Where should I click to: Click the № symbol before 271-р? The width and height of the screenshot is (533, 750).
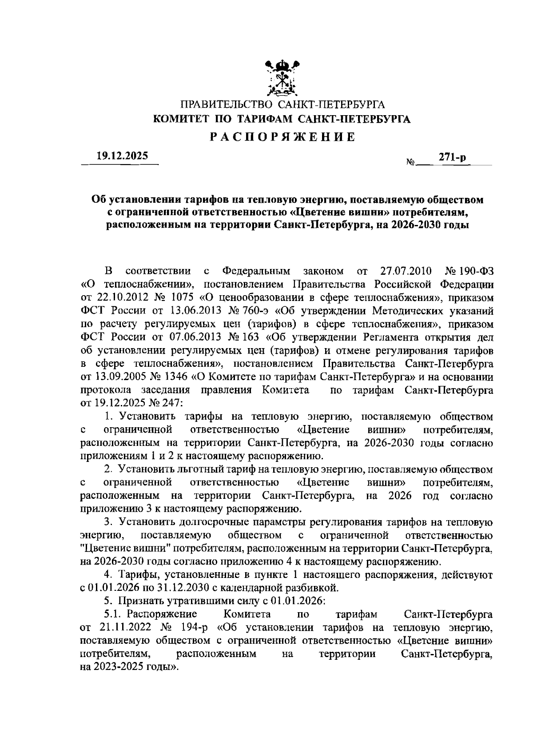tap(410, 163)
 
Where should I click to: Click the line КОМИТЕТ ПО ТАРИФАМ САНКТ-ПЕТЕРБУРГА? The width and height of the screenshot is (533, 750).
tap(282, 119)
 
